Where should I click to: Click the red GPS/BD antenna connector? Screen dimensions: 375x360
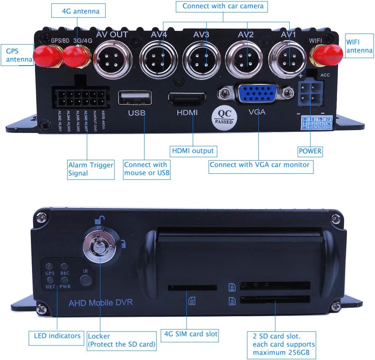coord(46,57)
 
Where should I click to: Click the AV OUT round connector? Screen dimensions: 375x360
coord(112,59)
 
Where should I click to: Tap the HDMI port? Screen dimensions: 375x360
coord(187,98)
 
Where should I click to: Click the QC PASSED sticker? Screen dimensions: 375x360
coord(224,117)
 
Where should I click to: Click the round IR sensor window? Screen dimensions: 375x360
coord(85,280)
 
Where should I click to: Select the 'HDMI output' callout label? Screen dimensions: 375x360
coord(193,151)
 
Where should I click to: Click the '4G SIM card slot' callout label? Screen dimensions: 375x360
coord(191,334)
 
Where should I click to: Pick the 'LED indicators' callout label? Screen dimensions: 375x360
coord(57,335)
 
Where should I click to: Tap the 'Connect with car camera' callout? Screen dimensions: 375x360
coord(223,6)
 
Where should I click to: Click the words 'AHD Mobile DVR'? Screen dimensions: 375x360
coord(101,302)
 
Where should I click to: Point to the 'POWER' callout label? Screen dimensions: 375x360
coord(310,151)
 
